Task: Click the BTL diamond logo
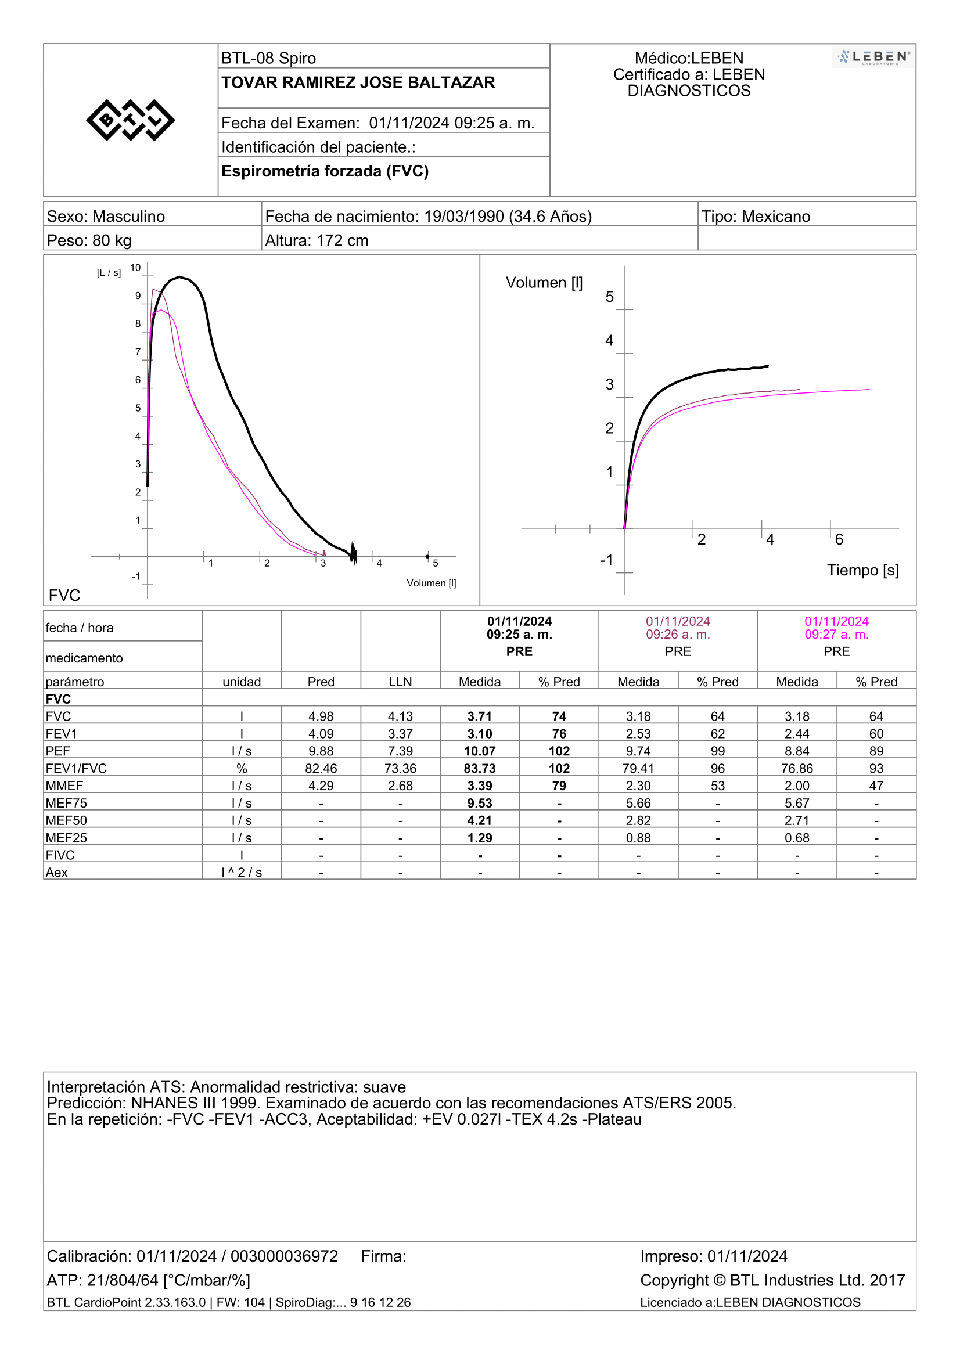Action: click(131, 120)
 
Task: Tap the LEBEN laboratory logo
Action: click(872, 57)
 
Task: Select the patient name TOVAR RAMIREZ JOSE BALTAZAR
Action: click(358, 82)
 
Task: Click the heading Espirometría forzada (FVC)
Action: click(325, 171)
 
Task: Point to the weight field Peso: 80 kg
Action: click(89, 240)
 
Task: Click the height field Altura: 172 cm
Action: click(317, 240)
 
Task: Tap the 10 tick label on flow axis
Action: click(135, 267)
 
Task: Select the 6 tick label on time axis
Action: click(839, 539)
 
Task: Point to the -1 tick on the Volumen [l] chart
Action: click(606, 560)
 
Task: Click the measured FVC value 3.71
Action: click(480, 716)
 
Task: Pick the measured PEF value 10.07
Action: click(480, 751)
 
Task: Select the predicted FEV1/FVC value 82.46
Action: click(321, 768)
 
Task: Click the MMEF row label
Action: click(64, 786)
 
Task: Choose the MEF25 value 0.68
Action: click(797, 838)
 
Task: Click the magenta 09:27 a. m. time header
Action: click(836, 634)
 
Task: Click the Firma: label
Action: click(384, 1256)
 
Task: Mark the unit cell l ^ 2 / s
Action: click(242, 873)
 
